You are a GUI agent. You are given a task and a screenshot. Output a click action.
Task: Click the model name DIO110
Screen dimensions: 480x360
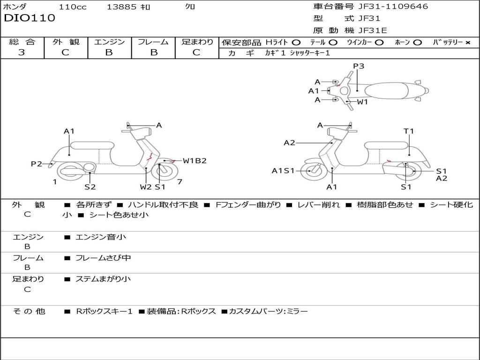tap(30, 18)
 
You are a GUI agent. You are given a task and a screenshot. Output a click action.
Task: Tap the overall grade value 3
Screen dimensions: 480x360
tap(22, 52)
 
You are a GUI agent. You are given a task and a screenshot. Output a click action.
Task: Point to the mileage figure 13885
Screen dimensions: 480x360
tap(121, 7)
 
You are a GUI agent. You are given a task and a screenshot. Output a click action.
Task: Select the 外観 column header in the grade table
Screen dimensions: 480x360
tap(66, 42)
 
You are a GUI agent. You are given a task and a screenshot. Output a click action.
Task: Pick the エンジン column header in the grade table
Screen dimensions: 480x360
tap(109, 42)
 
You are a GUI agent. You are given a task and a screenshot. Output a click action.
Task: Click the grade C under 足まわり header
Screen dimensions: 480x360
tap(196, 52)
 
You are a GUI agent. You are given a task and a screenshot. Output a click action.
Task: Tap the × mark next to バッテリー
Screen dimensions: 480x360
tap(467, 43)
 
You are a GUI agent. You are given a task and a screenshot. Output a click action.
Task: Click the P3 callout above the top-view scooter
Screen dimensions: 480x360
tap(359, 66)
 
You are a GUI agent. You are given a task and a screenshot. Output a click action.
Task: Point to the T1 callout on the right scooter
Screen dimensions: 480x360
tap(409, 131)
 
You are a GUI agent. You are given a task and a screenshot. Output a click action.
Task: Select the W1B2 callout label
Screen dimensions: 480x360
tap(195, 161)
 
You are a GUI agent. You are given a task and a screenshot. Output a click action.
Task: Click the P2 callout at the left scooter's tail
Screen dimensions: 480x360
tap(37, 164)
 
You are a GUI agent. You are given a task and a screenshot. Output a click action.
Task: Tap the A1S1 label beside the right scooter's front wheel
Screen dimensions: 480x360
tap(283, 171)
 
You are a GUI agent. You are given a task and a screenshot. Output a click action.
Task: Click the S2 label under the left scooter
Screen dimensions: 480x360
tap(90, 187)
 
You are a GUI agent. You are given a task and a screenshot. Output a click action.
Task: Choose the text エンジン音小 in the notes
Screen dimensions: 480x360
tap(100, 237)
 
